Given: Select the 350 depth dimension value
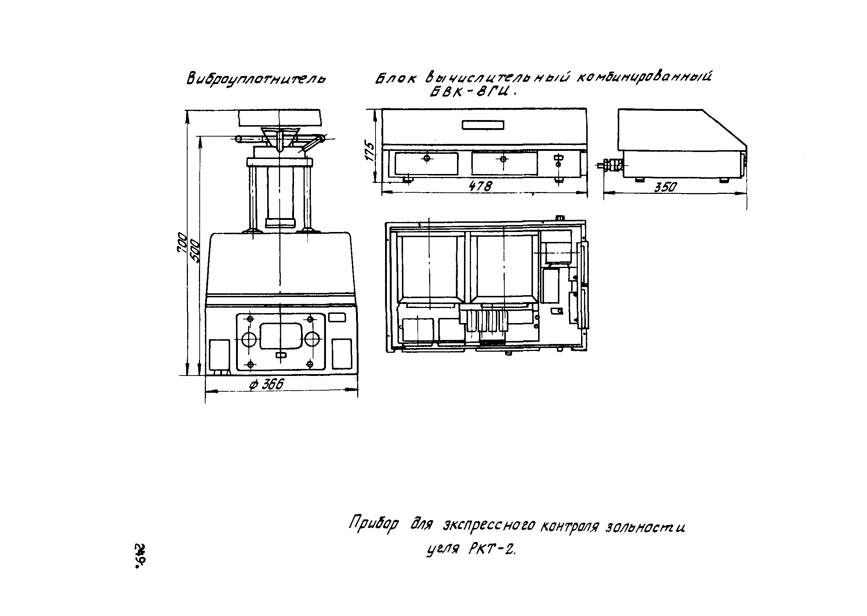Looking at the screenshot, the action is pos(665,187).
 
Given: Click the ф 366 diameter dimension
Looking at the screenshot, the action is pos(266,385).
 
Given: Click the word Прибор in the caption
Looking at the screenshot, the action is pos(374,525).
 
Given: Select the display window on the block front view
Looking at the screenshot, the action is pos(483,125).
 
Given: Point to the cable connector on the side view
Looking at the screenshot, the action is pos(610,165).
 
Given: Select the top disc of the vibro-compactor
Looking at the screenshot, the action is pos(280,118).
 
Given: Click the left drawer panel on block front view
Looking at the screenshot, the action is pos(426,163).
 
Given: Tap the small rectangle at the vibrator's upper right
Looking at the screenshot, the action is pos(337,317).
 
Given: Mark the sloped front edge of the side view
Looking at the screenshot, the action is pos(725,128).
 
